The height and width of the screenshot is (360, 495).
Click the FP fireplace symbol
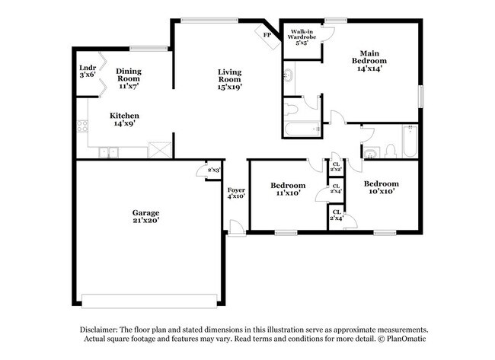(267, 36)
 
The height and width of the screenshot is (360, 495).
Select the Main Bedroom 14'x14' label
(369, 60)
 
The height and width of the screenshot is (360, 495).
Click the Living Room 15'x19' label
(229, 78)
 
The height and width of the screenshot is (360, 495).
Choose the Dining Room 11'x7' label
(128, 78)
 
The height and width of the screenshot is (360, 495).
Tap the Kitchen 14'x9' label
(126, 119)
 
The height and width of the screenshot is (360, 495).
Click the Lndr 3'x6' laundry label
(87, 72)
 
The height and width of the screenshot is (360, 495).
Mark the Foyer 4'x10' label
(235, 192)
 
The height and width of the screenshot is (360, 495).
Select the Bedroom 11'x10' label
(289, 189)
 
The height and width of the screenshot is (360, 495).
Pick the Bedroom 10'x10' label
(380, 187)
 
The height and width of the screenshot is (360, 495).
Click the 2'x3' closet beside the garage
(213, 170)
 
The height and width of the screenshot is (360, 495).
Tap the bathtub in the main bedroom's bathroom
(301, 129)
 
